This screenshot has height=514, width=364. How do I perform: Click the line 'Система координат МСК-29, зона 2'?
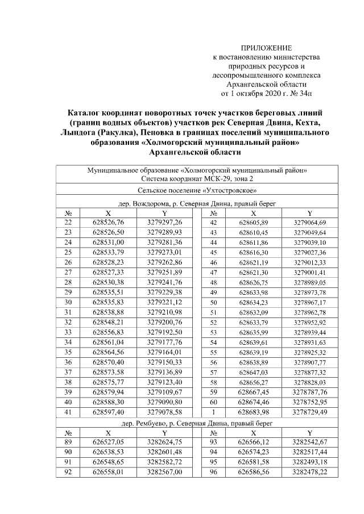[x=197, y=178]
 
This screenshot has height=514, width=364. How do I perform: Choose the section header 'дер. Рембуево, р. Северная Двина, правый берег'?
[x=197, y=423]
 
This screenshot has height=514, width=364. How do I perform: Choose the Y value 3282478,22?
[x=310, y=472]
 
